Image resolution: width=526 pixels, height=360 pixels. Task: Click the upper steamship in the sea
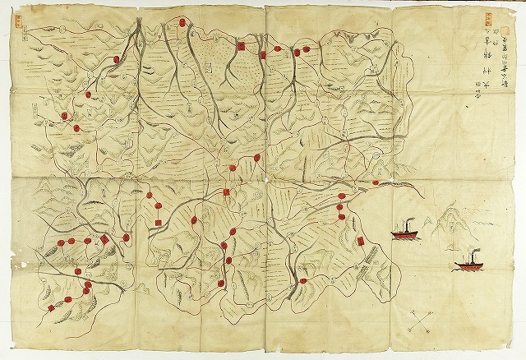pyautogui.click(x=404, y=232)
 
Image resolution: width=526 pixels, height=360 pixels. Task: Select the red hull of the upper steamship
pyautogui.click(x=404, y=236)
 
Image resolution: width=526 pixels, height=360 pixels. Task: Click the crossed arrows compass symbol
pyautogui.click(x=420, y=321)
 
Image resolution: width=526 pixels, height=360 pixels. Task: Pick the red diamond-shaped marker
pyautogui.click(x=104, y=239)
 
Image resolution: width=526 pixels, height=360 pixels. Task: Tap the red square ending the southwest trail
pyautogui.click(x=52, y=307)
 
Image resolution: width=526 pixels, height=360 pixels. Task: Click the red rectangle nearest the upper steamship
pyautogui.click(x=360, y=241)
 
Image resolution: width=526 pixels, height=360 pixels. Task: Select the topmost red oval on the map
pyautogui.click(x=177, y=25)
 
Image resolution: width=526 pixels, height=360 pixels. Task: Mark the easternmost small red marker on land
pyautogui.click(x=376, y=182)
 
